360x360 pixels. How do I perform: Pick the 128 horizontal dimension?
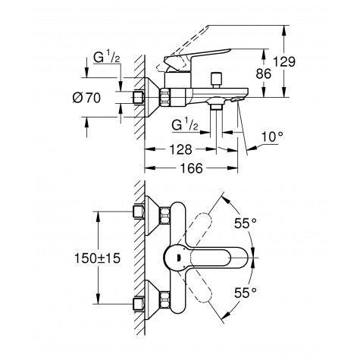[180, 151]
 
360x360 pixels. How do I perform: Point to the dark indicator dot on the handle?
[177, 257]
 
